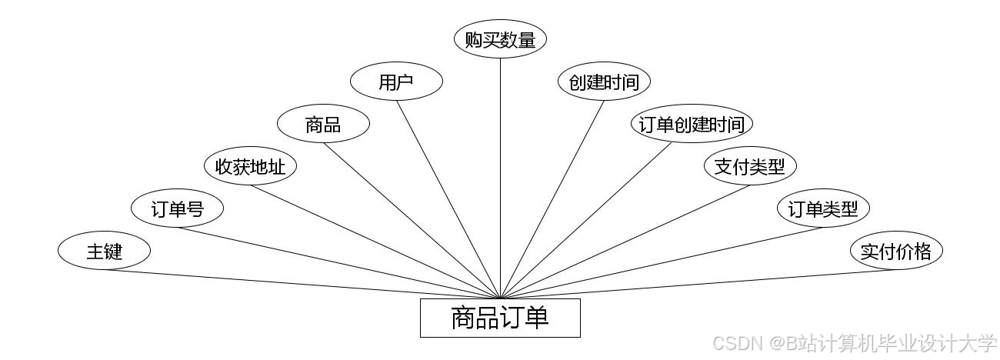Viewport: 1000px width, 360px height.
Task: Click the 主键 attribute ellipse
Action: coord(104,251)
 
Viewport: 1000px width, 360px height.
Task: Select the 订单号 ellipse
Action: coord(177,208)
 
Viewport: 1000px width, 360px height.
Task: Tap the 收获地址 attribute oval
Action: coord(250,166)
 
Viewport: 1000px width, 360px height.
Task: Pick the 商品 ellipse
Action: coord(323,124)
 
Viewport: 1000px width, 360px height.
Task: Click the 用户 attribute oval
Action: coord(396,82)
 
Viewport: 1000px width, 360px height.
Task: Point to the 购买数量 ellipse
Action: coord(500,39)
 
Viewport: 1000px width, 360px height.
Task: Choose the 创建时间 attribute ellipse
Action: coord(604,82)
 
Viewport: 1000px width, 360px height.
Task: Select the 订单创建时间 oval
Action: coord(692,124)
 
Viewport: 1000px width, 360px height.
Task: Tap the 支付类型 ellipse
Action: coord(750,166)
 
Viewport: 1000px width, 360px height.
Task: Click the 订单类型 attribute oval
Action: coord(823,208)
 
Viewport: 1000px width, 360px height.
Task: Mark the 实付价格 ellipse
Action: coord(896,251)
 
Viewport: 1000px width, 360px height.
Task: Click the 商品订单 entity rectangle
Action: coord(500,318)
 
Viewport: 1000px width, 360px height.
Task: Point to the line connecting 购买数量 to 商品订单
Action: coord(501,177)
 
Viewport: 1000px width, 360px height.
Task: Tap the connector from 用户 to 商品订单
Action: coord(448,198)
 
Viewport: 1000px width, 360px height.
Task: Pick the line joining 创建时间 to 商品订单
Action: coord(552,198)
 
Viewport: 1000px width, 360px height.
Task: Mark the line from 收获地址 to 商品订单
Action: coord(375,242)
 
